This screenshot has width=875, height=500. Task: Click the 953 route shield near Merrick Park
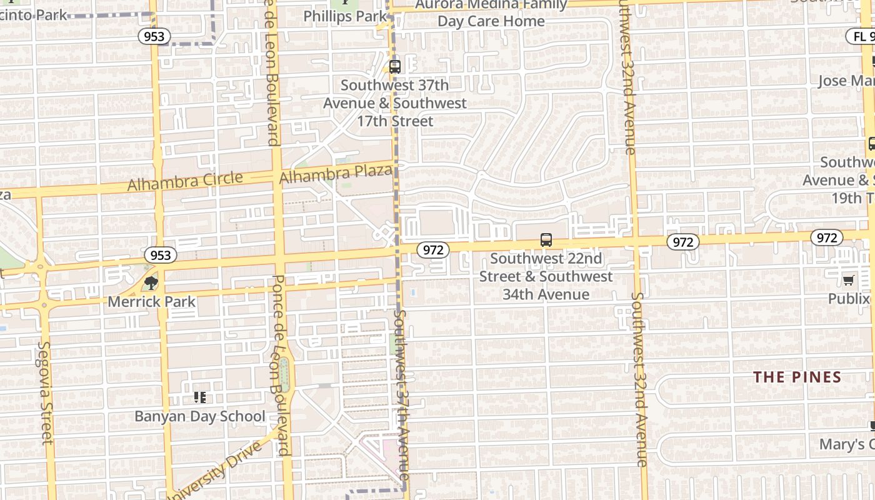click(x=161, y=255)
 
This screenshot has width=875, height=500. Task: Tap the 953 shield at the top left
click(x=154, y=36)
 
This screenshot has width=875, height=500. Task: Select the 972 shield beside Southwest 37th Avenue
click(x=432, y=250)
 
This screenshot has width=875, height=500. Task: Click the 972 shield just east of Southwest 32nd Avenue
click(x=682, y=242)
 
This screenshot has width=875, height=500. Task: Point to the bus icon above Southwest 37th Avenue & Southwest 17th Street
click(x=394, y=66)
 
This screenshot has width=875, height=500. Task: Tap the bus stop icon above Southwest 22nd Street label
click(x=546, y=240)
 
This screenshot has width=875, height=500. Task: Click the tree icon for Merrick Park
click(x=151, y=284)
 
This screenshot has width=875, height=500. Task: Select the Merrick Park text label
click(x=152, y=302)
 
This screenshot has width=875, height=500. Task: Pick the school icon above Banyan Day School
click(x=200, y=397)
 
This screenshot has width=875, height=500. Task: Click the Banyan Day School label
click(x=200, y=416)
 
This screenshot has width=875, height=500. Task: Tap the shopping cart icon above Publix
click(x=848, y=280)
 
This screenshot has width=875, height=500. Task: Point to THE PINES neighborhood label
click(x=797, y=377)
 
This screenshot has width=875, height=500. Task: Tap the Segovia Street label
click(x=46, y=392)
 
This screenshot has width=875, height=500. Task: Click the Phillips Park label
click(x=345, y=16)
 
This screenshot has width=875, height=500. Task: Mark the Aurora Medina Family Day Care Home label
click(x=491, y=13)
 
